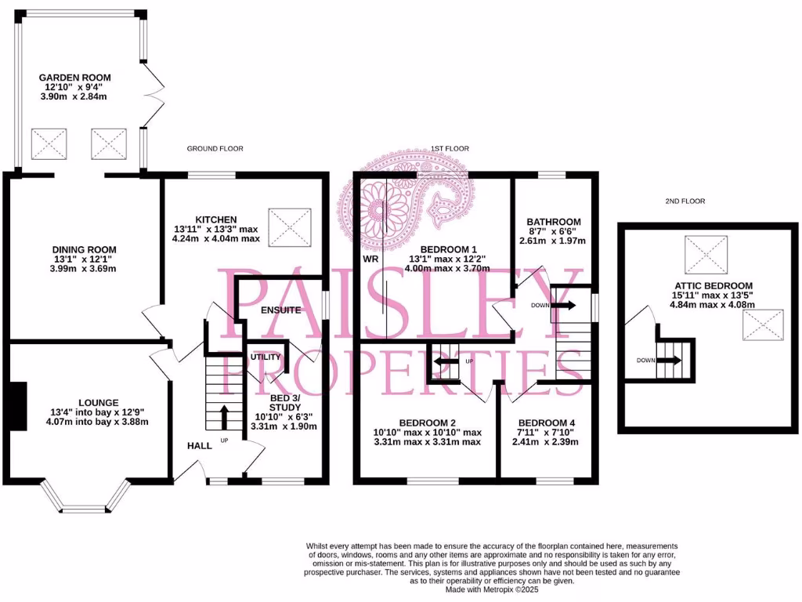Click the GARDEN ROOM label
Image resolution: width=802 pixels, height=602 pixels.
click(x=75, y=78)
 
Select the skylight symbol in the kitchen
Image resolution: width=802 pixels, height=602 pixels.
click(x=287, y=227)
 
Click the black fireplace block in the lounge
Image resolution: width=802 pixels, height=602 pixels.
click(x=18, y=405)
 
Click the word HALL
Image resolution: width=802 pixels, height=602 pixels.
click(x=199, y=445)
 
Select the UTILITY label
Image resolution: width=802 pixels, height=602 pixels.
click(x=266, y=357)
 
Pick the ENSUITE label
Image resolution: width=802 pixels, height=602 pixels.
click(x=280, y=310)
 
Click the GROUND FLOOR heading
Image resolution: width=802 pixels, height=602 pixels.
click(x=215, y=148)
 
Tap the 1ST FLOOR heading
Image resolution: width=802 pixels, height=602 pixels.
click(x=450, y=148)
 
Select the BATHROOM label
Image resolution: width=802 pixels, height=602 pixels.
click(x=553, y=222)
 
